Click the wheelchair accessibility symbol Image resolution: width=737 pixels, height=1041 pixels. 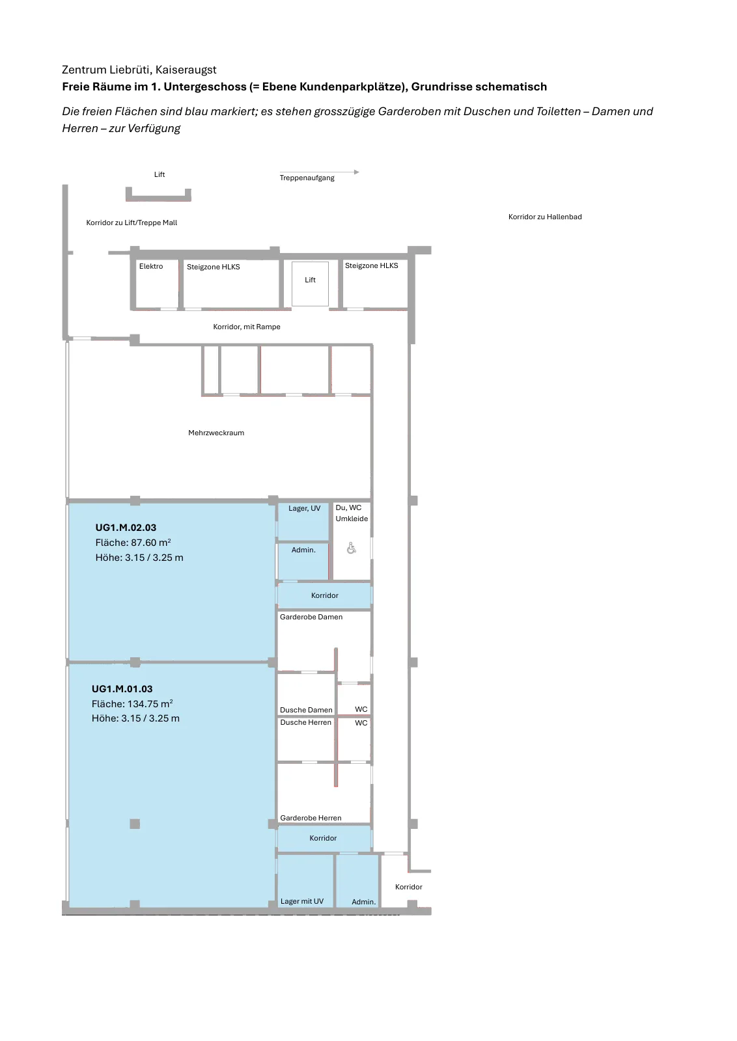click(351, 548)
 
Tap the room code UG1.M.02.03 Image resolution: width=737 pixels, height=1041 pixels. click(126, 528)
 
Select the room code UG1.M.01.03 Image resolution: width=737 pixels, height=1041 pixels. click(122, 689)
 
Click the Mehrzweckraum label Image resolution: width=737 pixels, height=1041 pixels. click(216, 433)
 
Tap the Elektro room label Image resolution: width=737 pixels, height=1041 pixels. click(150, 266)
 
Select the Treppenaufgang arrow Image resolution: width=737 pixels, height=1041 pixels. click(319, 172)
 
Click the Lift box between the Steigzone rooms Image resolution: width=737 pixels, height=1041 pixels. click(310, 284)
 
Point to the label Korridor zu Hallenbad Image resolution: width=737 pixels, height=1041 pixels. click(544, 217)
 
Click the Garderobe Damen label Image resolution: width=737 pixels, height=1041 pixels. click(311, 617)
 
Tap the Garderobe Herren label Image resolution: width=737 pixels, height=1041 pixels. click(311, 818)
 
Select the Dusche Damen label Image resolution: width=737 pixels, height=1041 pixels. click(306, 710)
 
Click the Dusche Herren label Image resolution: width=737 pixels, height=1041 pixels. click(305, 722)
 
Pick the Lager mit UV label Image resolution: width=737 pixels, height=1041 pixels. click(302, 901)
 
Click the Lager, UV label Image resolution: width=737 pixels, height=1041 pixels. click(304, 508)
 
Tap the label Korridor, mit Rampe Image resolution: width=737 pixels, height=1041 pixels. click(247, 327)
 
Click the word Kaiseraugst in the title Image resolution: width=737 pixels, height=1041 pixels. click(186, 70)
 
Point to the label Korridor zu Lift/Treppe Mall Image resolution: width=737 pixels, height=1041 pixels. click(132, 223)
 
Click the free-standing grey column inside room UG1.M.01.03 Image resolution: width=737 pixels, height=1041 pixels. click(135, 824)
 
